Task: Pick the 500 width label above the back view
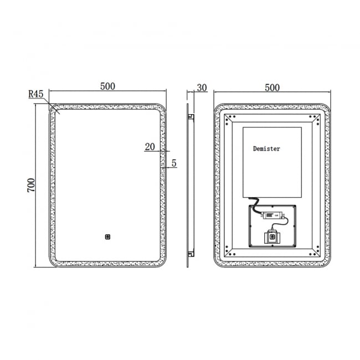[x=271, y=88]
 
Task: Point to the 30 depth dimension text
[x=202, y=88]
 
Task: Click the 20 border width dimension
[x=150, y=147]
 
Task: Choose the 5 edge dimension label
[x=174, y=163]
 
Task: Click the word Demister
[x=266, y=148]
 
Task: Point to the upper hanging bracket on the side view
[x=191, y=117]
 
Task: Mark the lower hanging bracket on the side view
[x=191, y=254]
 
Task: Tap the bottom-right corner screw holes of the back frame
[x=315, y=252]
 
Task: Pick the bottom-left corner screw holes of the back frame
[x=230, y=252]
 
